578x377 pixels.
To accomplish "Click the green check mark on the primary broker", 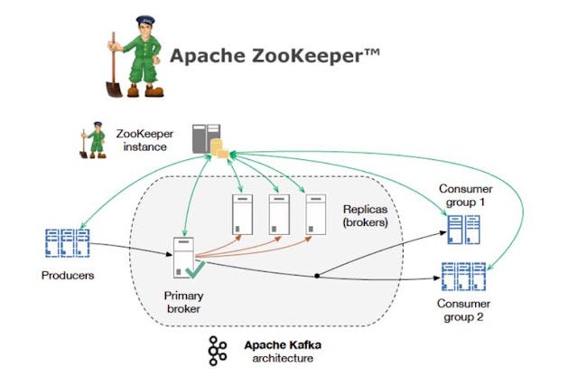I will coord(198,269).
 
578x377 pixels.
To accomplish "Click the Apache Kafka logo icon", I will coord(216,351).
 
